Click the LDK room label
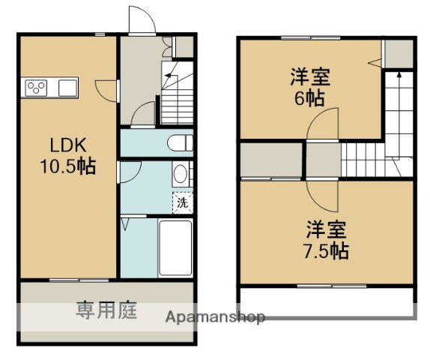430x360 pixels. coord(68,145)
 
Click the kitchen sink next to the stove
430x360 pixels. coord(67,88)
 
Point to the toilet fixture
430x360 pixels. coord(180,143)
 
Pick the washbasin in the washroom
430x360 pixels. coord(180,175)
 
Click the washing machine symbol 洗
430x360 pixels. coord(182,201)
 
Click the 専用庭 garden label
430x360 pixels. coord(106,310)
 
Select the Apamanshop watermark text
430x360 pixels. coord(215,317)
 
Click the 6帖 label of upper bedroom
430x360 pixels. coord(310,98)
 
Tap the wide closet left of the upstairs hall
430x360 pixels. coord(270,159)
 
